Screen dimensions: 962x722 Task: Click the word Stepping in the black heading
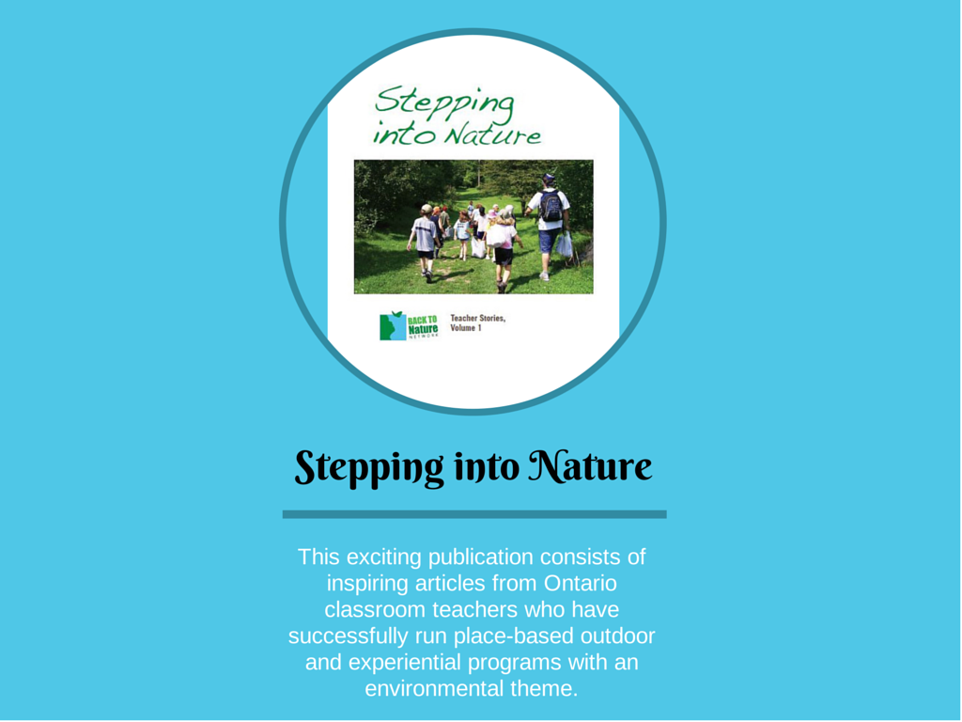(x=368, y=468)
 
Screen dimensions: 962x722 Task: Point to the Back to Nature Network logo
(x=410, y=325)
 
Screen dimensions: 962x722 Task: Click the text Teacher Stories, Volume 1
(x=478, y=323)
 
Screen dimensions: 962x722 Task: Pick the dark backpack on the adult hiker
(x=551, y=206)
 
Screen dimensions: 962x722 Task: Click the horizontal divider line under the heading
(x=474, y=514)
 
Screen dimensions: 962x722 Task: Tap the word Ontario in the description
(x=580, y=583)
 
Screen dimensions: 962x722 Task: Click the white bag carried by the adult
(x=565, y=244)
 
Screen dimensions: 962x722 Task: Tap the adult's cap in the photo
(x=548, y=178)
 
